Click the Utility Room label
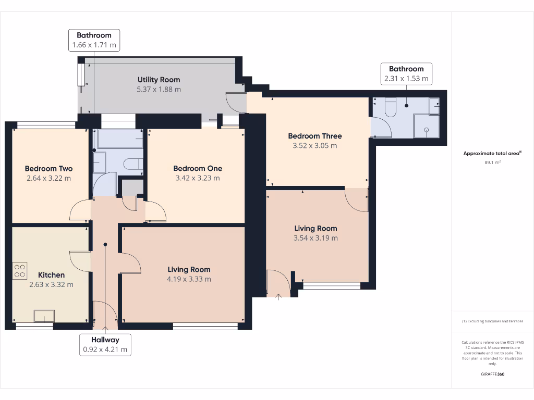point(159,80)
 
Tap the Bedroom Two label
point(48,169)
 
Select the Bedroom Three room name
point(314,136)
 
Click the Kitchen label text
point(51,275)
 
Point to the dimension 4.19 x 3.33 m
point(189,279)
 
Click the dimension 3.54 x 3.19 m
point(315,238)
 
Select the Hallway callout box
point(105,345)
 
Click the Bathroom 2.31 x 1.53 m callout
point(406,74)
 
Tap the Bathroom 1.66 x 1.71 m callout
point(94,41)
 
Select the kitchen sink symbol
point(44,317)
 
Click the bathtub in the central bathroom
point(119,140)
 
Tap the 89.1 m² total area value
point(492,162)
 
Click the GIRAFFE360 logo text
point(492,374)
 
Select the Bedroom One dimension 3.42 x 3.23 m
point(197,178)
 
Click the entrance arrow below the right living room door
point(278,297)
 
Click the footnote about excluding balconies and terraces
point(492,321)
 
